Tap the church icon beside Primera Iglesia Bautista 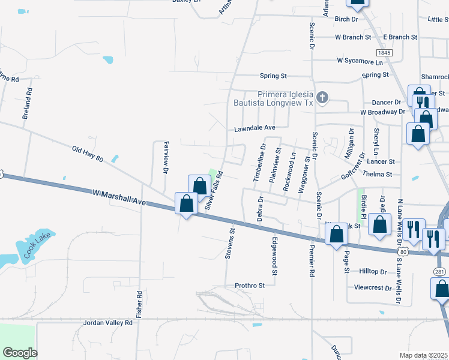point(322,97)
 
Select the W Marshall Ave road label point(120,197)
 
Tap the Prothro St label point(250,286)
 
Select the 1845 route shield point(385,53)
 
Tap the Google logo point(20,352)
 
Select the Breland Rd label point(26,104)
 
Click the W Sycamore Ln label point(360,61)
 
